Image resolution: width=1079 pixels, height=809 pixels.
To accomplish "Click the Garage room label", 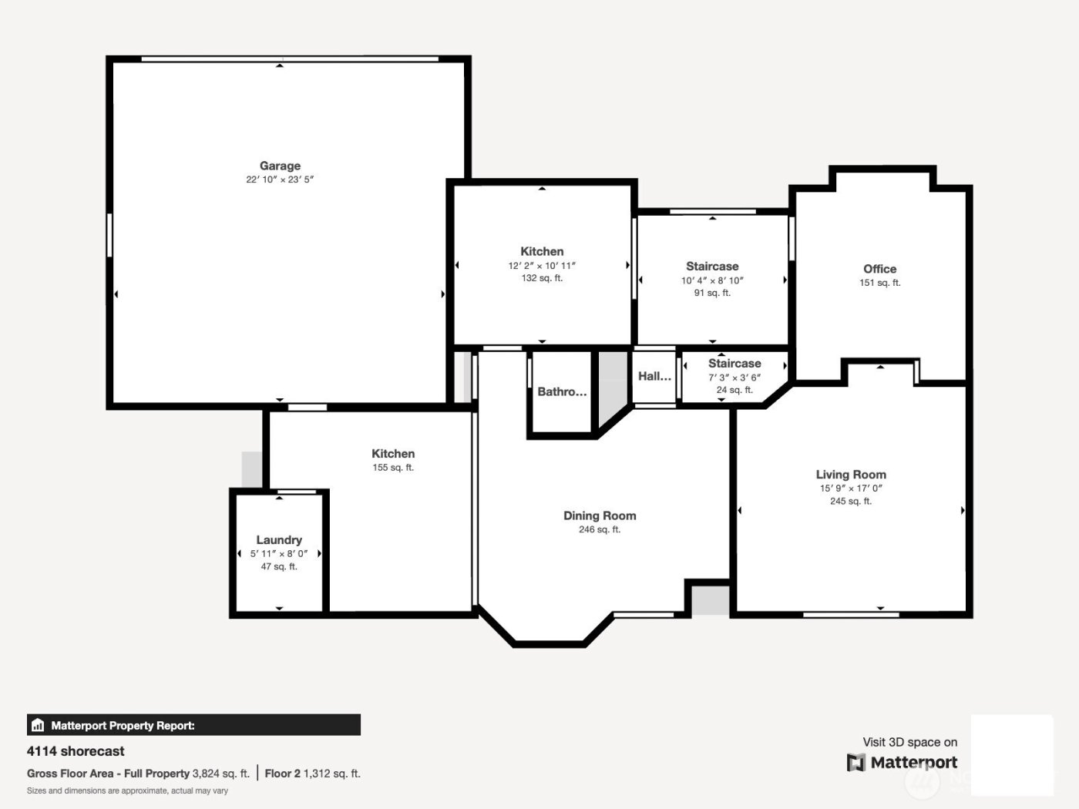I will click(x=280, y=166).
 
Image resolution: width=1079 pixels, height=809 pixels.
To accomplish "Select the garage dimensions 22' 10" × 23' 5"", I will click(x=280, y=180).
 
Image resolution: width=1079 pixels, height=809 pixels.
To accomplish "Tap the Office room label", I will click(x=879, y=269).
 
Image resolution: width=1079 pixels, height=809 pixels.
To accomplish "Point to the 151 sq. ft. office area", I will click(x=879, y=283).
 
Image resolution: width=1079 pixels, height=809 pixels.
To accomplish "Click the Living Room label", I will click(x=851, y=475).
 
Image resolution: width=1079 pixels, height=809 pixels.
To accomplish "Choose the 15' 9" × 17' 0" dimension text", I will click(x=851, y=488).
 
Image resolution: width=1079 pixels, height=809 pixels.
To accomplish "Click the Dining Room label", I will click(x=600, y=515).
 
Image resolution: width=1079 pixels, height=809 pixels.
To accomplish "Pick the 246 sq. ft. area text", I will click(x=600, y=529).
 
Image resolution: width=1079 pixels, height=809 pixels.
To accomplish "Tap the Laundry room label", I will click(x=279, y=540).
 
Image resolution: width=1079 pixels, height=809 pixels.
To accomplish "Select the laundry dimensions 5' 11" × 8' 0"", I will click(x=279, y=553).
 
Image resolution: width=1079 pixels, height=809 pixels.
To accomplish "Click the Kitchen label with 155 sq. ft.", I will click(x=393, y=454).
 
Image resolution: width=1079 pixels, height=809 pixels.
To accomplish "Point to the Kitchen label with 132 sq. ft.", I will click(x=542, y=251).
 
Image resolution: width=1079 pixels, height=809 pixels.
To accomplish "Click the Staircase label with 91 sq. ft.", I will click(x=712, y=267).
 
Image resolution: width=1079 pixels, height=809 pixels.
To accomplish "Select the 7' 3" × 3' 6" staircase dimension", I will click(x=734, y=378).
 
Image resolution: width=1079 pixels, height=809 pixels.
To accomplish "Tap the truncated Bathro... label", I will click(x=562, y=391).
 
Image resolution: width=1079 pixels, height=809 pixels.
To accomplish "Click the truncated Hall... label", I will click(x=654, y=376).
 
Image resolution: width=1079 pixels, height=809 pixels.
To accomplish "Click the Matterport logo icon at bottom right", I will click(x=856, y=763).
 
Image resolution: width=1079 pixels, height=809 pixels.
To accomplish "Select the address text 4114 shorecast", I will click(x=76, y=751).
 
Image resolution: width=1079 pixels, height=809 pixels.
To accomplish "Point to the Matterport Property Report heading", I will click(x=123, y=726).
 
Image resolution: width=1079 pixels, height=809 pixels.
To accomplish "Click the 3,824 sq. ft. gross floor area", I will click(x=220, y=774).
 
